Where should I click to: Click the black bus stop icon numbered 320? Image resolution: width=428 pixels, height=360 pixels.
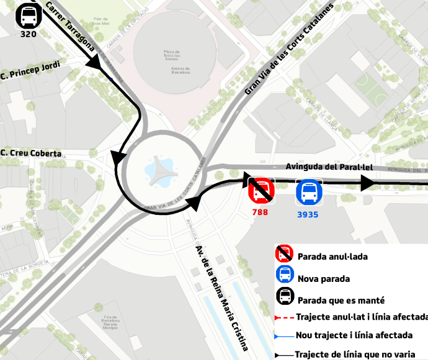click(27, 15)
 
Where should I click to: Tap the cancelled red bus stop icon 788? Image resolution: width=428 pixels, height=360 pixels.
click(261, 190)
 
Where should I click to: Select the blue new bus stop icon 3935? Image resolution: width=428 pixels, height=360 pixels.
click(308, 193)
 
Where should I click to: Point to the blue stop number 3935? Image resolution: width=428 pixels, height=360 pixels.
click(308, 215)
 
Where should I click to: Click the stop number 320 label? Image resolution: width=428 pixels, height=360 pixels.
click(29, 35)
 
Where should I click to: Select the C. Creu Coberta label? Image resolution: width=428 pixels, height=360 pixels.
click(31, 153)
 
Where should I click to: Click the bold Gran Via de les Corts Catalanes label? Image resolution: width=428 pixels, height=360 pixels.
click(289, 49)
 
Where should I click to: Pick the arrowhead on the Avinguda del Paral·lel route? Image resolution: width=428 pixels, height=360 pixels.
click(367, 183)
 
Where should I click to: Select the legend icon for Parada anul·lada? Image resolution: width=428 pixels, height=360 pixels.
click(285, 254)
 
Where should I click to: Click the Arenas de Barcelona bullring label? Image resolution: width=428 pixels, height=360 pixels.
click(172, 69)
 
